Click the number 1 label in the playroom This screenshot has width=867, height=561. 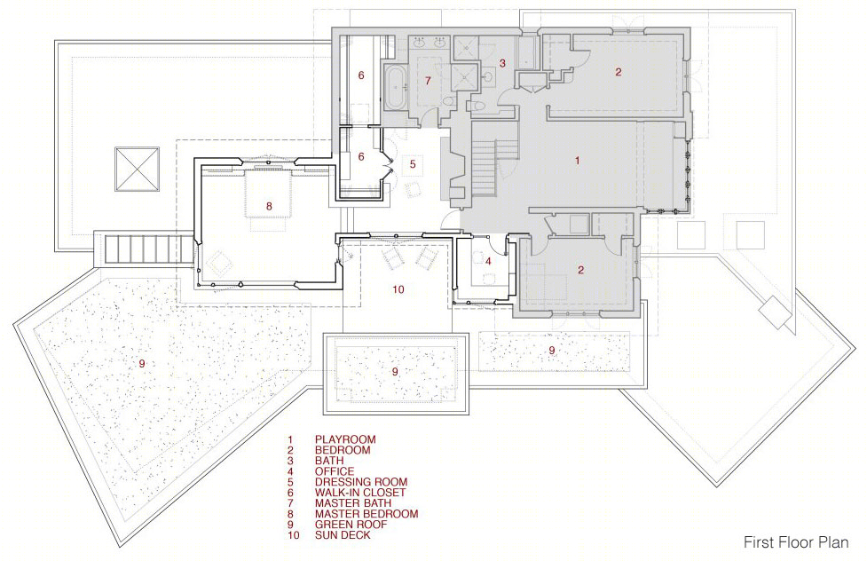point(578,161)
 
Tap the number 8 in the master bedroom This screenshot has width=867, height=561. point(269,206)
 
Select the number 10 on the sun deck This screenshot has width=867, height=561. point(398,289)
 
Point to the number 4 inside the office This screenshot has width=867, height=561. point(488,261)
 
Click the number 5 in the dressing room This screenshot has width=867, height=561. point(413,164)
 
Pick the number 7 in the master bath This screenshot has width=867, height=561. point(428,81)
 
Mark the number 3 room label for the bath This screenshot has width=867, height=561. point(502,63)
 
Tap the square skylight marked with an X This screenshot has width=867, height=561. point(138,170)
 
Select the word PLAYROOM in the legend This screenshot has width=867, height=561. point(345,440)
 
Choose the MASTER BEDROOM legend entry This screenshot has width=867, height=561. point(367,514)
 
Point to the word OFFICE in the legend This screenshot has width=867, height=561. point(335,471)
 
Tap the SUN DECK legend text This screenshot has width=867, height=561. point(343,535)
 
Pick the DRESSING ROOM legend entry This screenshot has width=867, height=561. point(361,482)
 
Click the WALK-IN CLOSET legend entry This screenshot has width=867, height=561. point(360,493)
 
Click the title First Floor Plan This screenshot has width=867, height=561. point(796,541)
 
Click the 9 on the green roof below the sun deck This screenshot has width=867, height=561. point(395,372)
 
